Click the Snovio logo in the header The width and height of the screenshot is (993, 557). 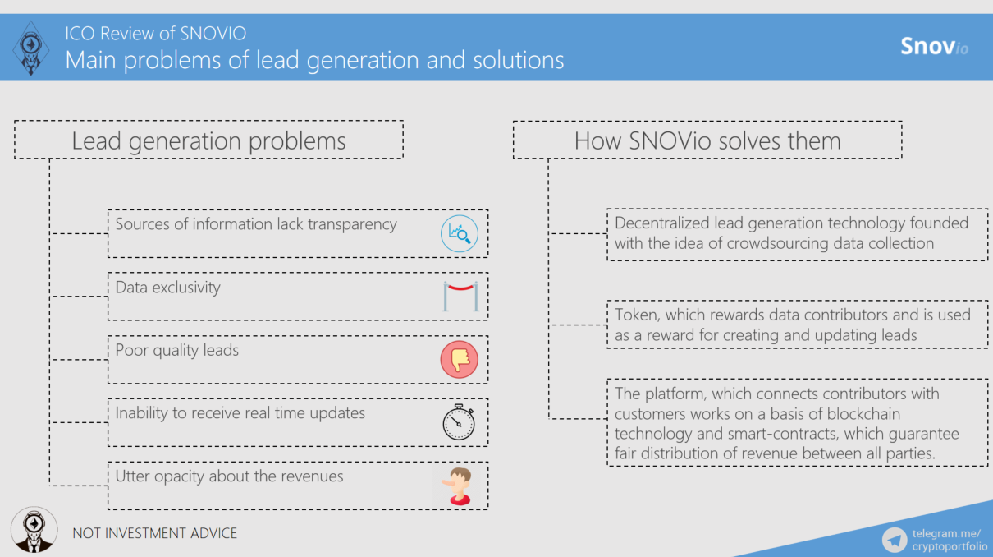[x=934, y=46]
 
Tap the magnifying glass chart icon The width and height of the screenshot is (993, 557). [x=459, y=233]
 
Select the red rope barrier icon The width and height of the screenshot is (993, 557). [x=460, y=296]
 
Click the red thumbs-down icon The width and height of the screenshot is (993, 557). [x=459, y=359]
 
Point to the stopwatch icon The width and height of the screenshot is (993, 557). [x=459, y=422]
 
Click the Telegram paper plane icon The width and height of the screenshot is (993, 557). [x=895, y=540]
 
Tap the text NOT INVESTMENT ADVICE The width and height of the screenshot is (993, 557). [x=154, y=533]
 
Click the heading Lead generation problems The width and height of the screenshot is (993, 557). [x=208, y=140]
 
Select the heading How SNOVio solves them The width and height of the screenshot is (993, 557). [x=707, y=140]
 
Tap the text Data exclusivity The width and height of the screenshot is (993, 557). [x=167, y=288]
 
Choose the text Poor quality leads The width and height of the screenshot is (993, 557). [x=176, y=350]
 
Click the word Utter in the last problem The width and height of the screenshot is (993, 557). [x=133, y=476]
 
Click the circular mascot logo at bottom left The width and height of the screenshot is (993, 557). [x=34, y=529]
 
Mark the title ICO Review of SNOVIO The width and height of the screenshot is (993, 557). [x=155, y=34]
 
